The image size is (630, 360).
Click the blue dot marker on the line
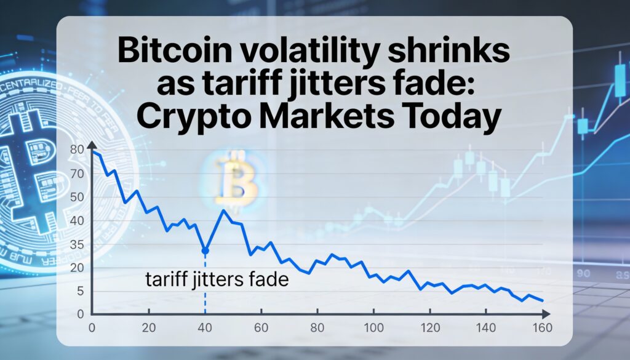pyautogui.click(x=205, y=250)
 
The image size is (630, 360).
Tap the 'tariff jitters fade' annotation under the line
pyautogui.click(x=217, y=280)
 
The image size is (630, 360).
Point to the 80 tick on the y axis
pyautogui.click(x=77, y=149)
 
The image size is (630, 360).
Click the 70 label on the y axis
pyautogui.click(x=77, y=174)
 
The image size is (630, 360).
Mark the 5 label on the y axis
pyautogui.click(x=80, y=290)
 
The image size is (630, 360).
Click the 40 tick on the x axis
pyautogui.click(x=205, y=327)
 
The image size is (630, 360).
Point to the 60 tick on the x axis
pyautogui.click(x=261, y=327)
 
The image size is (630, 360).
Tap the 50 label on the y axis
pyautogui.click(x=77, y=197)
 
